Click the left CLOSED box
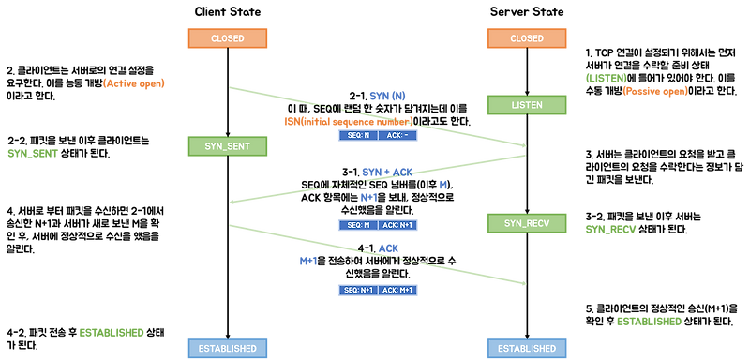[228, 38]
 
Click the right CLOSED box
[527, 38]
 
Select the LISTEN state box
[527, 105]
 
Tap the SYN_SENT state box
[228, 146]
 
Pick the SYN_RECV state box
[527, 223]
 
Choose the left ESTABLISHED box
[228, 348]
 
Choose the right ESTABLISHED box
[527, 348]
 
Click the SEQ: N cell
[357, 135]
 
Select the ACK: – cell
[397, 135]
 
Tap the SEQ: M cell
[357, 225]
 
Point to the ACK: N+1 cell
[397, 225]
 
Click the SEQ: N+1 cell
[357, 290]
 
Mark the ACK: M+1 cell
[397, 290]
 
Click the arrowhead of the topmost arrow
[522, 145]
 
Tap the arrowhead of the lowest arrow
[522, 282]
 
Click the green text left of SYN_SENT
[33, 153]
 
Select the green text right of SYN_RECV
[610, 229]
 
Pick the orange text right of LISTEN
[655, 91]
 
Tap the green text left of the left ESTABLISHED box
[112, 333]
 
